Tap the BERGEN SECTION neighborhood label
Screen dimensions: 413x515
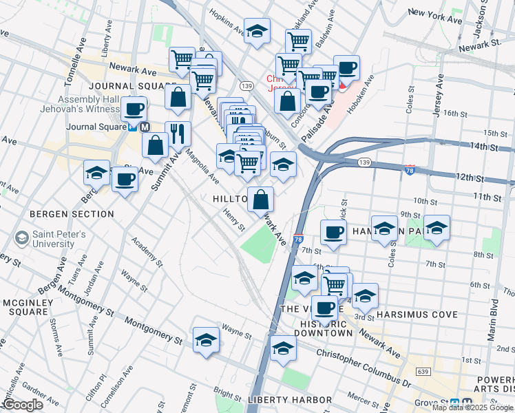click(x=72, y=214)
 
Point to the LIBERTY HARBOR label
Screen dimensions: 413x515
click(x=289, y=400)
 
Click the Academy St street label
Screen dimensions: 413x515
click(x=145, y=253)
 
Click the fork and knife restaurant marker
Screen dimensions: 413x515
click(x=178, y=134)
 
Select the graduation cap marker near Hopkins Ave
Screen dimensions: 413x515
click(x=257, y=31)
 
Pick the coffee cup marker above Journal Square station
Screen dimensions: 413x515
click(x=134, y=108)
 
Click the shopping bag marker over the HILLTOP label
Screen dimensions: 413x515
click(x=260, y=200)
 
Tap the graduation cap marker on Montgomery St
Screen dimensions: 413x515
click(x=206, y=340)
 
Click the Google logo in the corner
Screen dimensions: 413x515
click(x=23, y=405)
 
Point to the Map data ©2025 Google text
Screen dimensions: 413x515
click(x=472, y=407)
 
